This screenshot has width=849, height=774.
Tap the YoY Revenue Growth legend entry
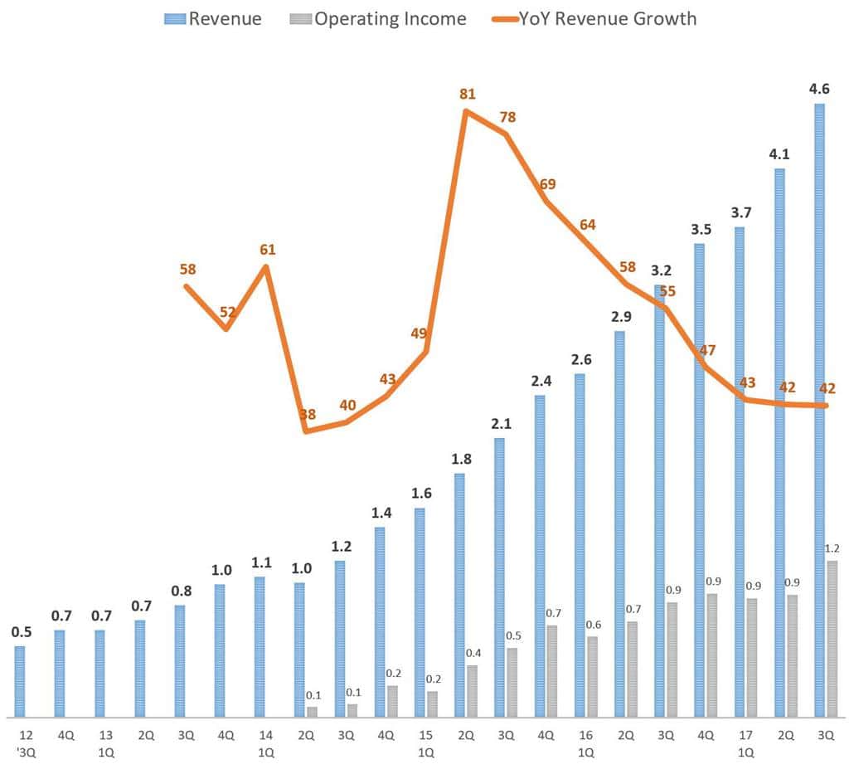589,18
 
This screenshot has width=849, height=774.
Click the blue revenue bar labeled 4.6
819,410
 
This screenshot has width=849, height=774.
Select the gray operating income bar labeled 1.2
832,639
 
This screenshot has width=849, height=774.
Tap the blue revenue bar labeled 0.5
20,681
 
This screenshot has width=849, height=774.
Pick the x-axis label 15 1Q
424,743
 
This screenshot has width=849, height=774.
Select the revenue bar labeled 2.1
500,577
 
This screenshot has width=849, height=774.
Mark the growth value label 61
267,250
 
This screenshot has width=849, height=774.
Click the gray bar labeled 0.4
472,690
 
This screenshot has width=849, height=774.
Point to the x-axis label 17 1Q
746,743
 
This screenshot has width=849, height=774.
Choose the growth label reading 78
507,117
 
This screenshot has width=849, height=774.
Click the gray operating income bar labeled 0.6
592,676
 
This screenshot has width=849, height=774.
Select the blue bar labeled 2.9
619,523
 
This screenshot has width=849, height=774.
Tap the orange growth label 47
707,349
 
